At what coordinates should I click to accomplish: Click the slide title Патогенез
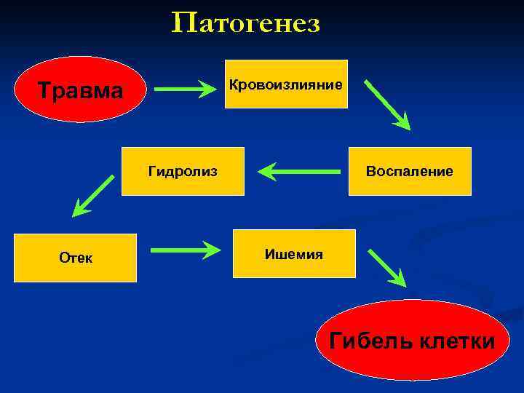(246, 24)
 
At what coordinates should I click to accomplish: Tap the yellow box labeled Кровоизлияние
(286, 84)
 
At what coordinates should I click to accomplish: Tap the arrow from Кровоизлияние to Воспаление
(387, 105)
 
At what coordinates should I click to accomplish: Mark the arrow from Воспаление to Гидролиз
(299, 172)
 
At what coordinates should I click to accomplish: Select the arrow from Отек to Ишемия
(185, 251)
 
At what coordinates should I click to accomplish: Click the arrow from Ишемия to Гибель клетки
(387, 268)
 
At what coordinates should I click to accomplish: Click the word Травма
(81, 91)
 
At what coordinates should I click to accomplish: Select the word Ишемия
(294, 255)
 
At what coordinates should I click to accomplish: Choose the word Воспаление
(410, 172)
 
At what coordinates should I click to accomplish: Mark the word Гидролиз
(183, 172)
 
